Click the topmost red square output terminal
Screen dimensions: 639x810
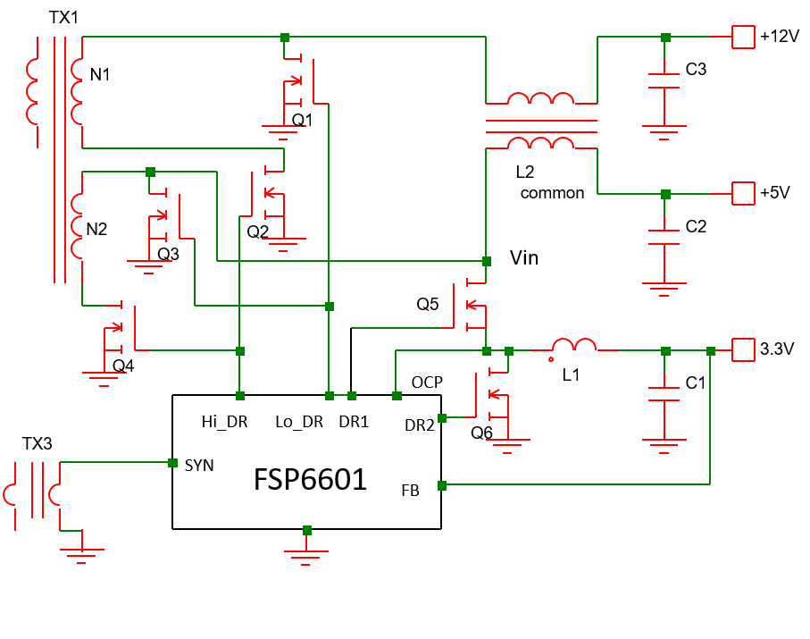(x=743, y=37)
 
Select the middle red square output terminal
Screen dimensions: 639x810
(x=743, y=193)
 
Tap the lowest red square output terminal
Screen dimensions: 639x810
(x=743, y=349)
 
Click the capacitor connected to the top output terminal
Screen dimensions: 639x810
(x=664, y=81)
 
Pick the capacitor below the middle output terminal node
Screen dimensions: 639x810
(x=664, y=237)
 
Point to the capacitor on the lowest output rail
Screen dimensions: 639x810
(x=664, y=394)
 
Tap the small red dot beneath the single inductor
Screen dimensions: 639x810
(x=551, y=359)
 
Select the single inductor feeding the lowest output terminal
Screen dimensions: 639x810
(x=574, y=345)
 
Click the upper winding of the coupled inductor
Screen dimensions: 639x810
(x=540, y=98)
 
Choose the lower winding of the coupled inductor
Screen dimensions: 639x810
(x=540, y=143)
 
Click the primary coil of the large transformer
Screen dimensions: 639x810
(x=32, y=91)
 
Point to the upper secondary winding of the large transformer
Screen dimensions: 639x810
(x=77, y=91)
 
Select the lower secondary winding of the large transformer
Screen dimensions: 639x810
(x=77, y=226)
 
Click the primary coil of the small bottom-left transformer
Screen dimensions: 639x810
(x=11, y=494)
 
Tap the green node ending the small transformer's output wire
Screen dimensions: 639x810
(x=172, y=463)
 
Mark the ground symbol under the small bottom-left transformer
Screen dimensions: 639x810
(x=81, y=552)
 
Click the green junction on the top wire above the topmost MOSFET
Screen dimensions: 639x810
(x=285, y=38)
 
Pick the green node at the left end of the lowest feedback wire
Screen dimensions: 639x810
(x=442, y=485)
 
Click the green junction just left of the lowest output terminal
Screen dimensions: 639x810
(x=711, y=351)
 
